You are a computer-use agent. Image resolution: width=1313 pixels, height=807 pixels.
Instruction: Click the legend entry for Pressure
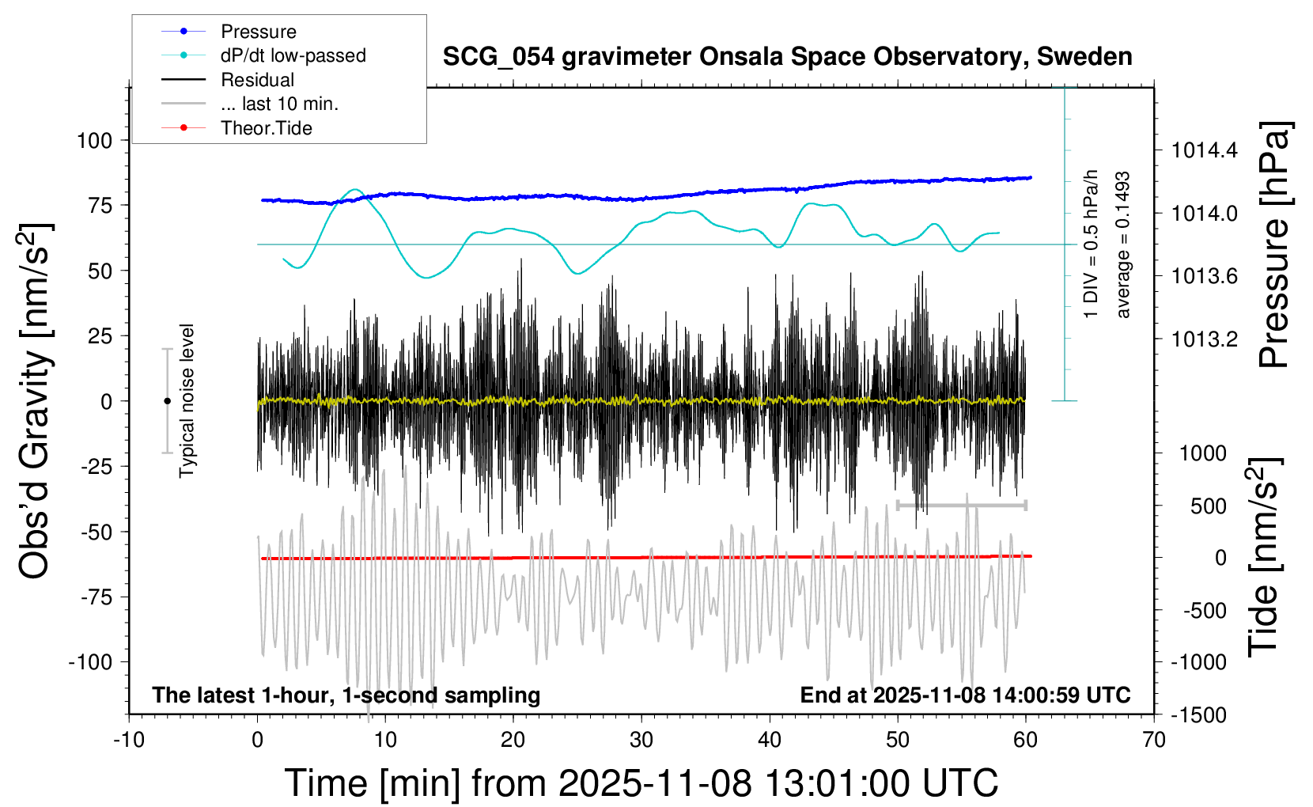point(258,32)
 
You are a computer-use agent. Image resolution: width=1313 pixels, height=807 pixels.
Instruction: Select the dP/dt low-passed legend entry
point(293,55)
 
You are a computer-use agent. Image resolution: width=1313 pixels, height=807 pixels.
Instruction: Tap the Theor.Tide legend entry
point(266,128)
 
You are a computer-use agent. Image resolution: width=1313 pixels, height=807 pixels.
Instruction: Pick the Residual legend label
point(257,80)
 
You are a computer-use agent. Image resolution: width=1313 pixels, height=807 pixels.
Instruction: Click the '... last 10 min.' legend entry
point(279,104)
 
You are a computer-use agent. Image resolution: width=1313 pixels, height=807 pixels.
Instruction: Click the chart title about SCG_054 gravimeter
point(787,57)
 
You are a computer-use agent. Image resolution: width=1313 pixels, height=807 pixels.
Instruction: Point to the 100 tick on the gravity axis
point(95,141)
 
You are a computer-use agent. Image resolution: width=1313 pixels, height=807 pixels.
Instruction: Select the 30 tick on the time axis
point(641,741)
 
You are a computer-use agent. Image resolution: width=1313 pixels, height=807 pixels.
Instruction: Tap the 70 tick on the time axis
point(1154,741)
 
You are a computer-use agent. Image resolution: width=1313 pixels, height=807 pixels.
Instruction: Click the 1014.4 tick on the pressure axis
point(1205,150)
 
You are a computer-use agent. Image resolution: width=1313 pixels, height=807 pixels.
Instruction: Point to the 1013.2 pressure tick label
point(1205,339)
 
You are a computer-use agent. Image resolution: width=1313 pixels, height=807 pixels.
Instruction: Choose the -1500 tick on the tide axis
point(1198,715)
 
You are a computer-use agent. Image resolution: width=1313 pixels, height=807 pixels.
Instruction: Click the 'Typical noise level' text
point(187,400)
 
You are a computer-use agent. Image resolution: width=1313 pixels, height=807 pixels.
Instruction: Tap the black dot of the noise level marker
point(167,401)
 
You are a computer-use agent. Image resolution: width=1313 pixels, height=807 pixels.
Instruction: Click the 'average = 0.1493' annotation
point(1122,244)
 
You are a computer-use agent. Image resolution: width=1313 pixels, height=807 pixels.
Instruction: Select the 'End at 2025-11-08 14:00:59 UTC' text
point(965,695)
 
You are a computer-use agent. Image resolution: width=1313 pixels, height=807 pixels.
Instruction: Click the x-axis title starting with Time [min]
point(641,783)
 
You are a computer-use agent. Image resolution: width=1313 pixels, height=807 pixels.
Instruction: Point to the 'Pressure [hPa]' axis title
point(1275,244)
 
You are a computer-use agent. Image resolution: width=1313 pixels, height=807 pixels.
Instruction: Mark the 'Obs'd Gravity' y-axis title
point(35,401)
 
